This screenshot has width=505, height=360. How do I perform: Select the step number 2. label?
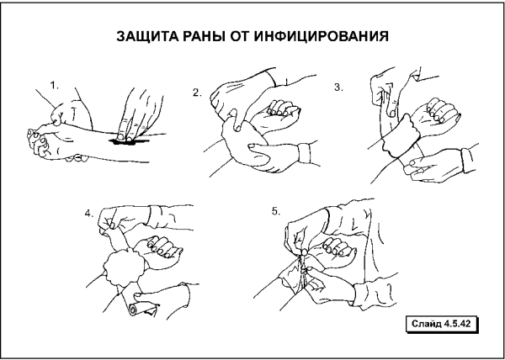click(x=197, y=93)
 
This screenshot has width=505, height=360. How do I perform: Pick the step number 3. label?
click(x=338, y=87)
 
